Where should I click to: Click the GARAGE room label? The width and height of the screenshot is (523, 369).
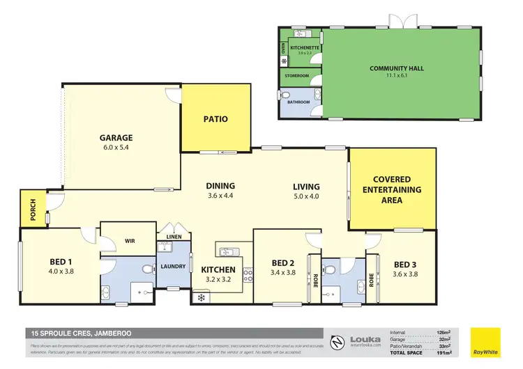click(116, 138)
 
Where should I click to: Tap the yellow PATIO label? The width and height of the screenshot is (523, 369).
click(215, 119)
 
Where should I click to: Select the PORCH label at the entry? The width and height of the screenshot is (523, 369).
click(32, 207)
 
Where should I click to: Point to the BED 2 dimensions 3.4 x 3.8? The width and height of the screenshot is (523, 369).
click(282, 274)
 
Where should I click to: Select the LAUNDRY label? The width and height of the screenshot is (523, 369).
click(172, 267)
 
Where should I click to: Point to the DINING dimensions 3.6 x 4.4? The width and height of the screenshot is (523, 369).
click(220, 196)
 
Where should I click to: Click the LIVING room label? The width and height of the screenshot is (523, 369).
click(306, 187)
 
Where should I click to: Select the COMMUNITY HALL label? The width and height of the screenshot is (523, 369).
click(397, 68)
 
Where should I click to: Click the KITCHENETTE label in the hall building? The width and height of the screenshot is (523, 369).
click(305, 47)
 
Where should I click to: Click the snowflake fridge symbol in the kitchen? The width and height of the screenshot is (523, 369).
click(202, 298)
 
